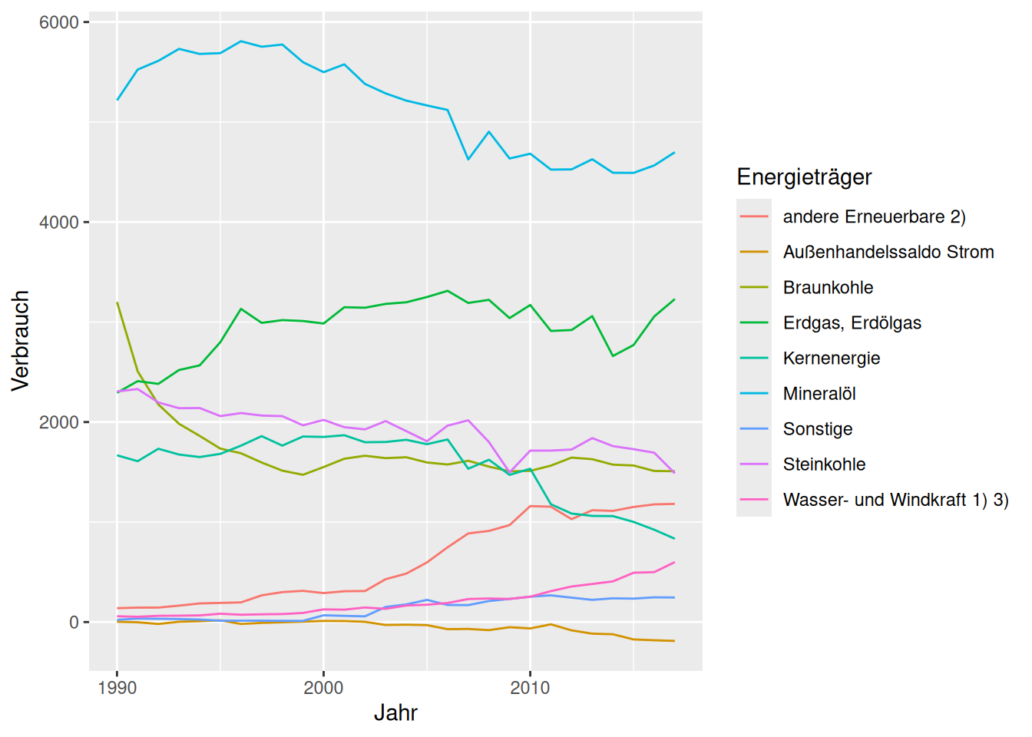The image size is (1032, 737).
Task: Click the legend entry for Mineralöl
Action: pyautogui.click(x=819, y=394)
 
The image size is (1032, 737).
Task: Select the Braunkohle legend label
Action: pyautogui.click(x=828, y=288)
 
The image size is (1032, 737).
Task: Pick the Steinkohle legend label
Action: pyautogui.click(x=824, y=464)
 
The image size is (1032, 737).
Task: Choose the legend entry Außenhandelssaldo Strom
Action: pyautogui.click(x=888, y=253)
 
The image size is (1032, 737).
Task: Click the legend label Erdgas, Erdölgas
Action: pyautogui.click(x=852, y=323)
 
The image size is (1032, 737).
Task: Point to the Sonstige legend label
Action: pyautogui.click(x=817, y=429)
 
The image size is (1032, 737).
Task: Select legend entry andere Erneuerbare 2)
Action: pyautogui.click(x=874, y=217)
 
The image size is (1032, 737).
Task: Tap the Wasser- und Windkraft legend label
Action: pyautogui.click(x=895, y=500)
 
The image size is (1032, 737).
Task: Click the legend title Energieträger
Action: pyautogui.click(x=804, y=177)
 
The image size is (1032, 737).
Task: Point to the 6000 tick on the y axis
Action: pyautogui.click(x=59, y=22)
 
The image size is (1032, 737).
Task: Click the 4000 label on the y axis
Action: pyautogui.click(x=59, y=223)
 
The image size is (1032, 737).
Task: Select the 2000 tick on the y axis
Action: pyautogui.click(x=59, y=422)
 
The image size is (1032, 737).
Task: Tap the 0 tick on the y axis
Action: pyautogui.click(x=74, y=623)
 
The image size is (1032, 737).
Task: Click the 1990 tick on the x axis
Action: pyautogui.click(x=117, y=688)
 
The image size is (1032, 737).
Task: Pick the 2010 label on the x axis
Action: pyautogui.click(x=530, y=688)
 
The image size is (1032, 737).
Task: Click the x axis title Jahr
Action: pyautogui.click(x=395, y=713)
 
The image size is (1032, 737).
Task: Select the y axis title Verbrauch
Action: pyautogui.click(x=21, y=341)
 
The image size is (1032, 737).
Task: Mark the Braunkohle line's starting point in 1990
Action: pyautogui.click(x=117, y=302)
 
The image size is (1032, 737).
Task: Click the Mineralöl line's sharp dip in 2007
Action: pyautogui.click(x=468, y=159)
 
